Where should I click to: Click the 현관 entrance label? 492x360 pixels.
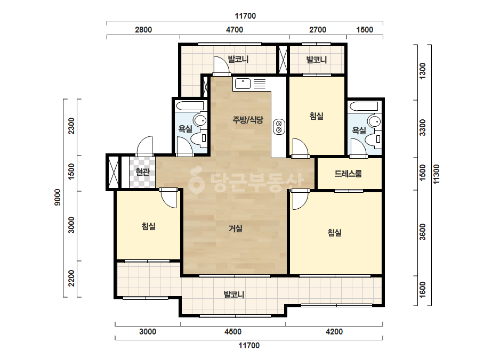(x=142, y=172)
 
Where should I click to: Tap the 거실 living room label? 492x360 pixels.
(x=235, y=228)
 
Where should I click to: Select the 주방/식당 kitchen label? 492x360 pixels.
(x=248, y=119)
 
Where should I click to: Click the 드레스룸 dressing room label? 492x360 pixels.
(x=348, y=174)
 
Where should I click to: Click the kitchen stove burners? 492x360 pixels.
(x=279, y=127)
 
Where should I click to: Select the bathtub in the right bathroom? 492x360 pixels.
(x=364, y=106)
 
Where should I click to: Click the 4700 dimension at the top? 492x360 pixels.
(x=235, y=30)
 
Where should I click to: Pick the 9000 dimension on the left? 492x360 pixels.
(x=58, y=197)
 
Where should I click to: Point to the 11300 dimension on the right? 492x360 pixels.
(x=436, y=174)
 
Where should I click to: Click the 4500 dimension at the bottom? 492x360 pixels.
(x=233, y=332)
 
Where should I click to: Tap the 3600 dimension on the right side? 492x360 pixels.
(x=423, y=232)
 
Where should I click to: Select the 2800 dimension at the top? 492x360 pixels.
(x=143, y=30)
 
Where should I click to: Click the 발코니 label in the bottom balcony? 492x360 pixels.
(x=234, y=294)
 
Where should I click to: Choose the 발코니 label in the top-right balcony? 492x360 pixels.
(x=317, y=60)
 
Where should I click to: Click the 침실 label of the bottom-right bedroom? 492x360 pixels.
(x=334, y=232)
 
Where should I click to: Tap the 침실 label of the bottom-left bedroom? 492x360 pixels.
(x=148, y=226)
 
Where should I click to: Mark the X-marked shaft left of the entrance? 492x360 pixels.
(x=114, y=173)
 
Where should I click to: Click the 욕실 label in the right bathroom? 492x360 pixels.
(x=359, y=130)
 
